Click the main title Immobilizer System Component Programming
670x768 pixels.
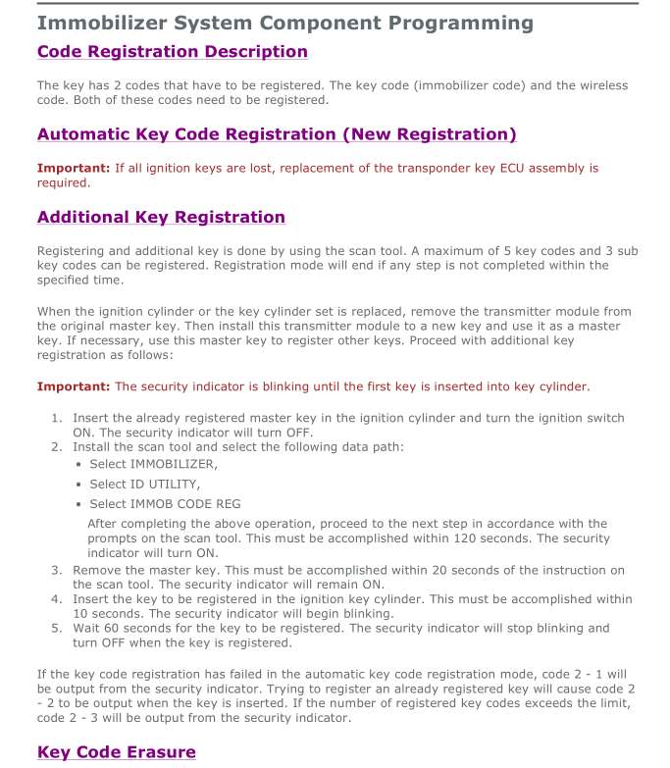coord(284,23)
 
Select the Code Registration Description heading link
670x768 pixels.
coord(172,52)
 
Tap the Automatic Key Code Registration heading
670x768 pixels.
coord(276,134)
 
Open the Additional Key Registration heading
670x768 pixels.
coord(161,217)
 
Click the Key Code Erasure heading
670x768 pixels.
coord(116,752)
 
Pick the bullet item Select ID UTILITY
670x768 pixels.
coord(145,484)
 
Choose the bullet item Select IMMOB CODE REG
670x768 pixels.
coord(165,503)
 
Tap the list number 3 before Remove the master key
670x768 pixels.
coord(56,570)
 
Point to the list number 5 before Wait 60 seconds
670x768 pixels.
coord(56,628)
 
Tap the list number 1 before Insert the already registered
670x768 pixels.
coord(56,418)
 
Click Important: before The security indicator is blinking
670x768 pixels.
coord(74,386)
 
